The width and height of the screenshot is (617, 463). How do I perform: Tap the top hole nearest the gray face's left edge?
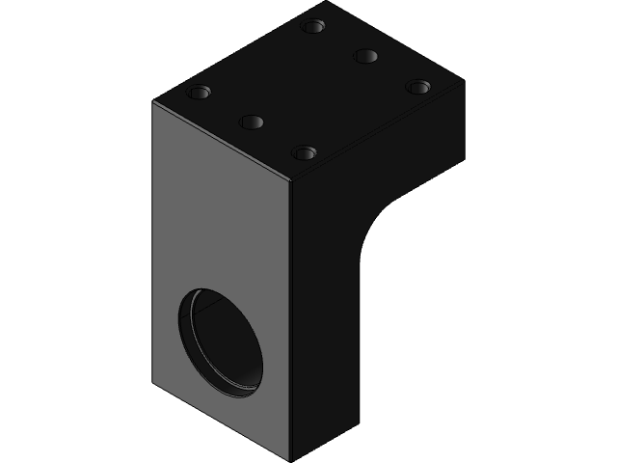200,93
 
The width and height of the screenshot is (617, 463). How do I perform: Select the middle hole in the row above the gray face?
253,123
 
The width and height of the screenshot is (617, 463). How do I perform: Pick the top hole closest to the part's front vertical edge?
305,152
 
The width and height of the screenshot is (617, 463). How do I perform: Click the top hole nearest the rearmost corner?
312,26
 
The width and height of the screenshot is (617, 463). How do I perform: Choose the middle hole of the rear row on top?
365,55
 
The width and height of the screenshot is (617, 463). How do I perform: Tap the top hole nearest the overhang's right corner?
417,87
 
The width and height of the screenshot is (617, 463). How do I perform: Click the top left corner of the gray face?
154,101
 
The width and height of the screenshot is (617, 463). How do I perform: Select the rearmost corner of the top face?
328,3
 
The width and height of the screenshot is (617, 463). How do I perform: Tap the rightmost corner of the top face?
465,81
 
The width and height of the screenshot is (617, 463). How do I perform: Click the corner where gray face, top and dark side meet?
291,180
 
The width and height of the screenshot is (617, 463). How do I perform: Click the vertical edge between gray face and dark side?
291,318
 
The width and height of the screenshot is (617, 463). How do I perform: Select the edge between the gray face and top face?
222,141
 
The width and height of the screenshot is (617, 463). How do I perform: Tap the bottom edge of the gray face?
222,422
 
